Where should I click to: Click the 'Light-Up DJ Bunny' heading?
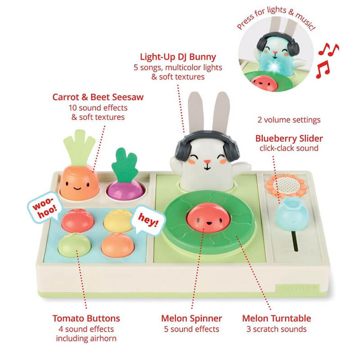click(x=178, y=57)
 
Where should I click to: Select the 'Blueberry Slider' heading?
click(x=289, y=138)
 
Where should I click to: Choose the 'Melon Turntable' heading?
click(x=276, y=318)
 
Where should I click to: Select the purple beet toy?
click(x=126, y=189)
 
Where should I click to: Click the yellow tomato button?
click(x=118, y=219)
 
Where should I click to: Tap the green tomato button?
click(x=74, y=244)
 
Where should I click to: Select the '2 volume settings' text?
click(x=289, y=120)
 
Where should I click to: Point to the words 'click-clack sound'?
click(x=289, y=148)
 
